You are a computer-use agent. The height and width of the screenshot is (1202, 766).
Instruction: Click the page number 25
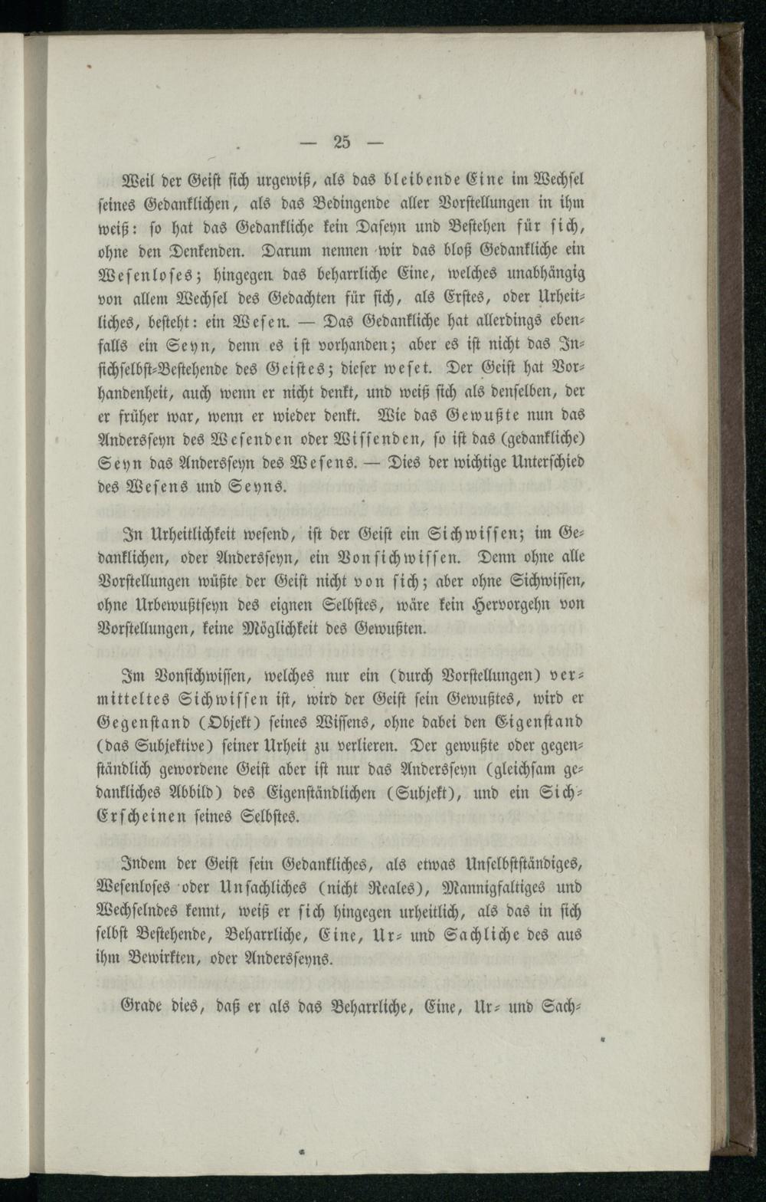click(x=342, y=141)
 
